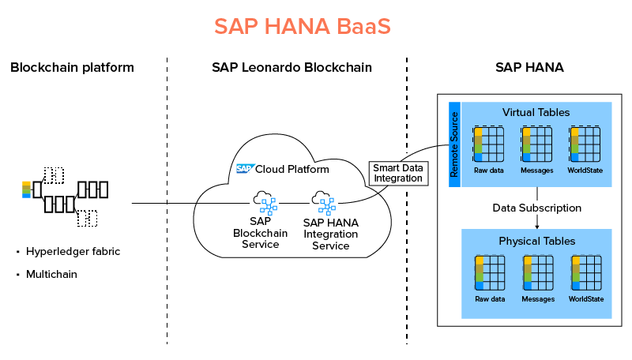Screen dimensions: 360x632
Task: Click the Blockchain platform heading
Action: click(x=72, y=67)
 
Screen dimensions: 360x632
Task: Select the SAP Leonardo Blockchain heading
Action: click(x=292, y=67)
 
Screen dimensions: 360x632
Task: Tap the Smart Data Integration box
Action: click(x=398, y=173)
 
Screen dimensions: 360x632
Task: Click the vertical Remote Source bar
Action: click(x=454, y=144)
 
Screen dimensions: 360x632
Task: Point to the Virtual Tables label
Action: click(x=536, y=112)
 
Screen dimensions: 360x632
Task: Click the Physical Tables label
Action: click(x=536, y=240)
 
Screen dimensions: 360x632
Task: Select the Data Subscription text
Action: click(x=537, y=208)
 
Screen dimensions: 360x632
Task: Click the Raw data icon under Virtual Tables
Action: click(x=489, y=144)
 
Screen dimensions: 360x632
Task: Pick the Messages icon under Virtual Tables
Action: click(x=536, y=144)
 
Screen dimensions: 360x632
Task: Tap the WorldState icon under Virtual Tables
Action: click(x=585, y=144)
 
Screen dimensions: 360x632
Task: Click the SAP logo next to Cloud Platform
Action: click(x=245, y=168)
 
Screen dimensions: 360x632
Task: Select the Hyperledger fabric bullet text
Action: click(x=73, y=252)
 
